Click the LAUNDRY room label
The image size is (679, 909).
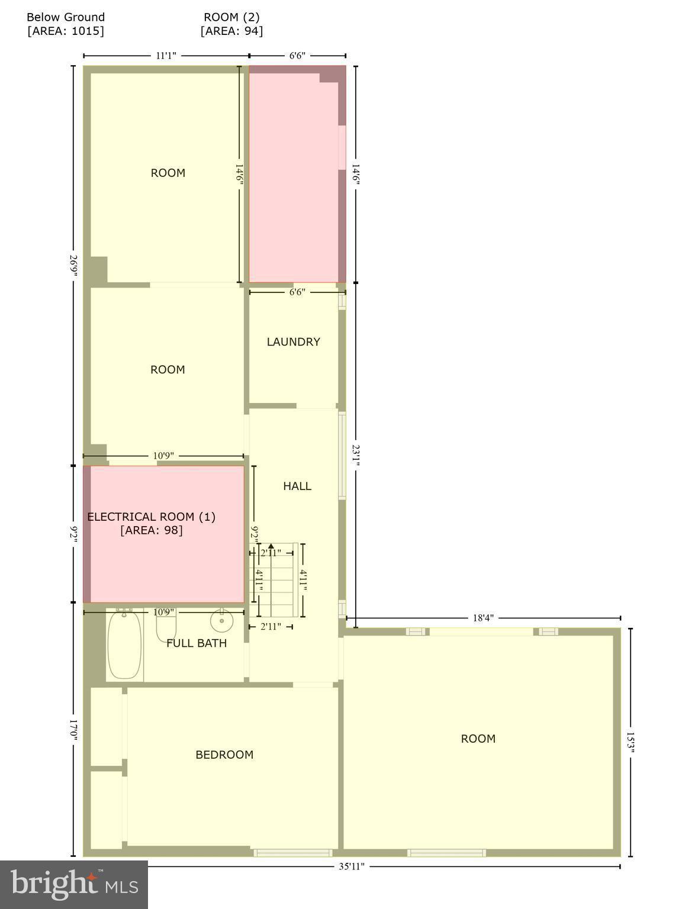pyautogui.click(x=293, y=341)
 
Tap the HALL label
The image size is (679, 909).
pyautogui.click(x=297, y=486)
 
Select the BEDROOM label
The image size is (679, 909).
pyautogui.click(x=224, y=755)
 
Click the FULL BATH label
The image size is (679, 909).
pyautogui.click(x=197, y=643)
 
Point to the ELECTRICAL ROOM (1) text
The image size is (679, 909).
pyautogui.click(x=151, y=517)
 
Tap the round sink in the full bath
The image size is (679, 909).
pyautogui.click(x=221, y=620)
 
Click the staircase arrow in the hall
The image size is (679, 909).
pyautogui.click(x=271, y=547)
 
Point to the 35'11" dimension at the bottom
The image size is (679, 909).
pyautogui.click(x=351, y=867)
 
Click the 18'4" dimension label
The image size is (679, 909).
pyautogui.click(x=483, y=618)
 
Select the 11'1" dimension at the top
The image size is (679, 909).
pyautogui.click(x=166, y=56)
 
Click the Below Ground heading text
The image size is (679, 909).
pyautogui.click(x=66, y=17)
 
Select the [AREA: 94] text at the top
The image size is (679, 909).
pyautogui.click(x=231, y=31)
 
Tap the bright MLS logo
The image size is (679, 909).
pyautogui.click(x=73, y=884)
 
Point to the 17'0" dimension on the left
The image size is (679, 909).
pyautogui.click(x=73, y=729)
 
